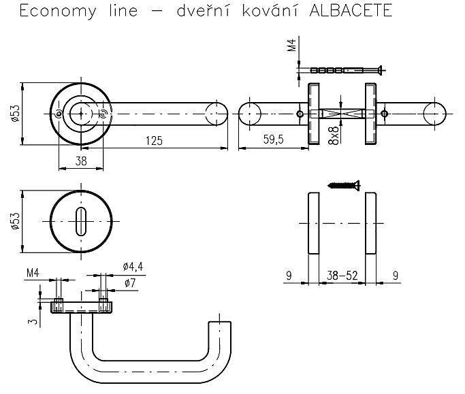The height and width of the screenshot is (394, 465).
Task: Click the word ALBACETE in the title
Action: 351,11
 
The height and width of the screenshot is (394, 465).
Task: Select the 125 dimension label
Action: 155,141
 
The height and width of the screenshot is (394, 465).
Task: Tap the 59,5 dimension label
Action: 274,139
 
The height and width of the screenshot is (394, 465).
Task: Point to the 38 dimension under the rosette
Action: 81,161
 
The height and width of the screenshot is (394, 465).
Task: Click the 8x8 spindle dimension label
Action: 334,135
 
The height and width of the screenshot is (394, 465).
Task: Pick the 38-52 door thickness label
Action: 342,276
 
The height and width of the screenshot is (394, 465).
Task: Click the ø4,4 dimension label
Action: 133,267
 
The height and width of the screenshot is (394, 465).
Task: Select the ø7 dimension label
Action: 130,283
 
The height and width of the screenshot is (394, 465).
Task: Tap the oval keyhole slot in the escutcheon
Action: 80,221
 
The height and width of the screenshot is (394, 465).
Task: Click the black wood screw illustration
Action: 344,186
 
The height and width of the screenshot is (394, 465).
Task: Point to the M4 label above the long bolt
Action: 292,45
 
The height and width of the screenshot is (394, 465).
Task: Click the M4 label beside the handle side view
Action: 33,273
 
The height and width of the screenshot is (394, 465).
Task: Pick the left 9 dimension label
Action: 289,276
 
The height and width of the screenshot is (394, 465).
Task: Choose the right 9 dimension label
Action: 396,276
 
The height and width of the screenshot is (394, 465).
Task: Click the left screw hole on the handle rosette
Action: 59,114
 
